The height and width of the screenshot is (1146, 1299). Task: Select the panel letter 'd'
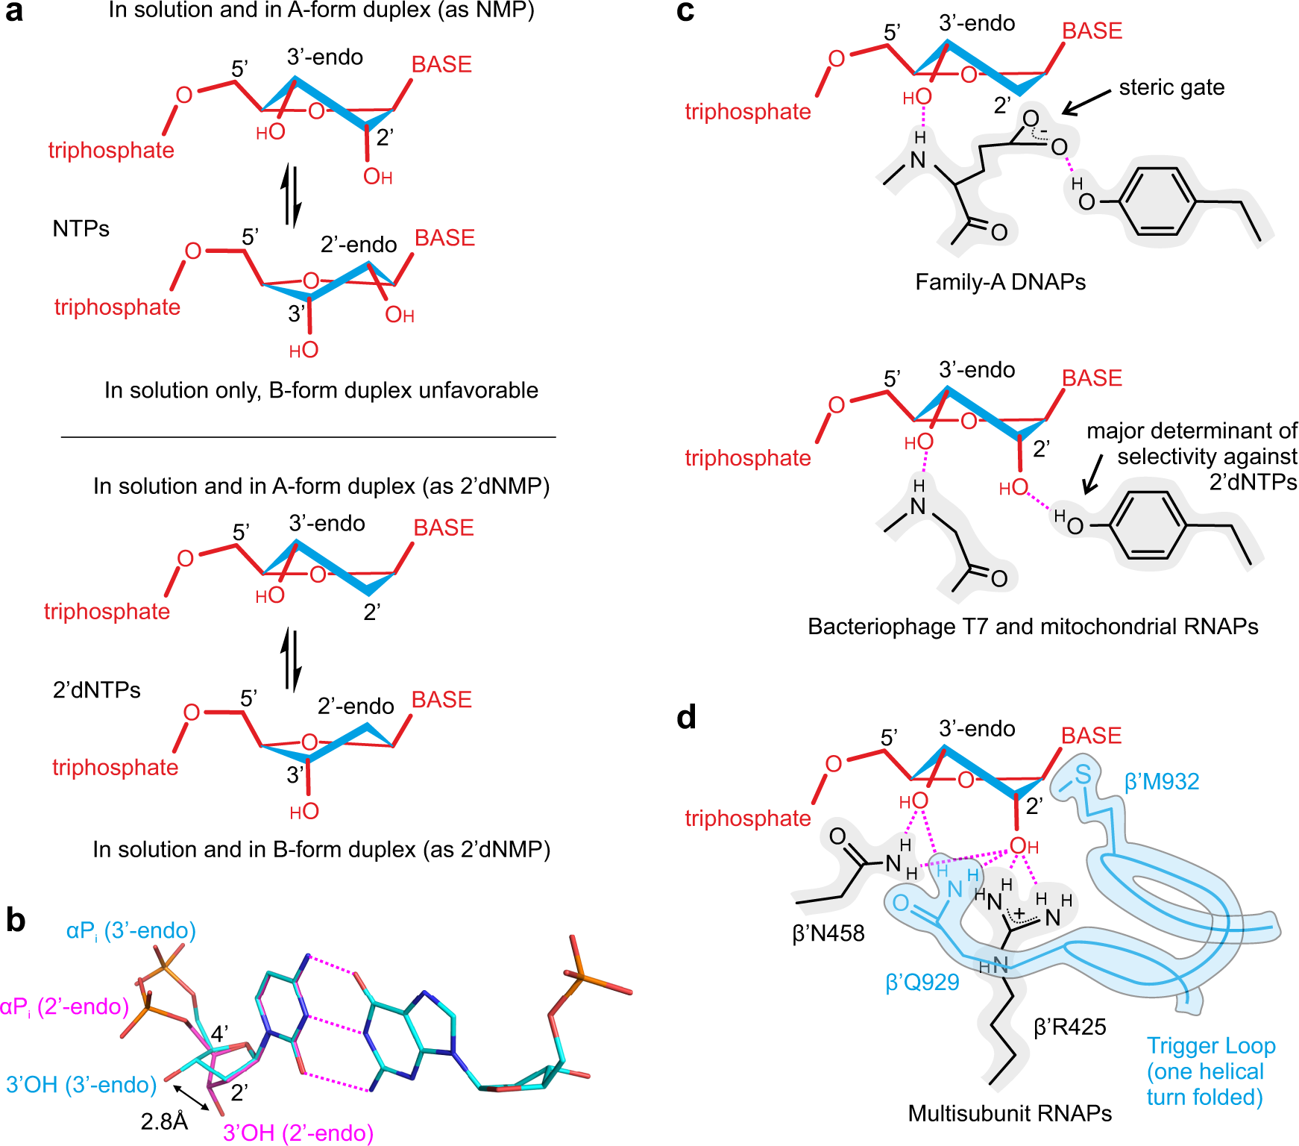pos(686,717)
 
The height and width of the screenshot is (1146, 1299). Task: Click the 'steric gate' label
pos(1171,87)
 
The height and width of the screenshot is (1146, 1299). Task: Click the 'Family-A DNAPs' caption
pos(1000,282)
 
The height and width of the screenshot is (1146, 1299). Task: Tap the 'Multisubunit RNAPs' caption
pos(1010,1113)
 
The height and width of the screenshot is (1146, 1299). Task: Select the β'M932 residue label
pos(1162,781)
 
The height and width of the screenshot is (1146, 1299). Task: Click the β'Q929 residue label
pos(922,982)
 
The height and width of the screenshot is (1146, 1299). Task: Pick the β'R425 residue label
pos(1069,1027)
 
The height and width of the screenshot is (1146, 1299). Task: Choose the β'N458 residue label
pos(828,933)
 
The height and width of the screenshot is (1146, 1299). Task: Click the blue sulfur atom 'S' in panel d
pos(1083,774)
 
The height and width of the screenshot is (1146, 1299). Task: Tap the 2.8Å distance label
pos(164,1121)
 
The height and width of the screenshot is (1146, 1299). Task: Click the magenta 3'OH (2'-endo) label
pos(298,1133)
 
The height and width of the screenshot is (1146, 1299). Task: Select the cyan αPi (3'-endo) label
pos(131,930)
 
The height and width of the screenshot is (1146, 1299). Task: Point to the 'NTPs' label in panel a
pos(81,228)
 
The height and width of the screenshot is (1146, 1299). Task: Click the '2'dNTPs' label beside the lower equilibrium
pos(96,690)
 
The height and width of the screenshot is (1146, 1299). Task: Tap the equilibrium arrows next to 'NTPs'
pos(292,197)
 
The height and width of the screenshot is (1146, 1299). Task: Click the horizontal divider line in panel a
pos(308,436)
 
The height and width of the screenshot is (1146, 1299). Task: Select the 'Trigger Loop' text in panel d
pos(1211,1046)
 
